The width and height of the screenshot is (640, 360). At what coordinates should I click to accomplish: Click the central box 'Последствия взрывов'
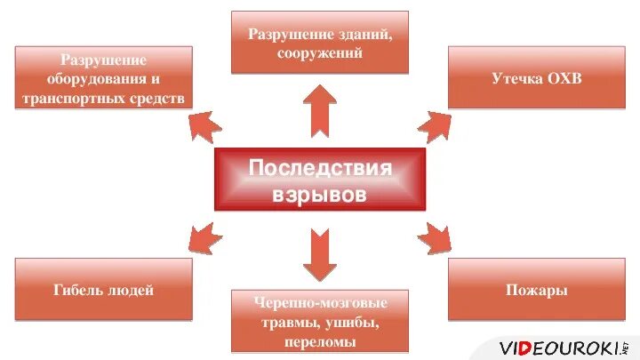(320, 180)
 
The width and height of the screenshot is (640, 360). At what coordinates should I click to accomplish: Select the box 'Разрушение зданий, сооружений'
(320, 43)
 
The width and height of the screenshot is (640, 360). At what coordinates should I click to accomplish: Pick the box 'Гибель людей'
(103, 290)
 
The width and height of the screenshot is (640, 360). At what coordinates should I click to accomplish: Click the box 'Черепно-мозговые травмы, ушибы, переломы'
(320, 321)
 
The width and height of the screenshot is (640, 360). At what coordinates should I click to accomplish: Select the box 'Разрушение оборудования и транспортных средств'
(103, 78)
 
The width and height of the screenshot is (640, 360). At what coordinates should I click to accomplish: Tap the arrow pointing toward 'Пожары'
(435, 236)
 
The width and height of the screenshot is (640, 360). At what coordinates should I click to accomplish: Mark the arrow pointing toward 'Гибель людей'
(204, 236)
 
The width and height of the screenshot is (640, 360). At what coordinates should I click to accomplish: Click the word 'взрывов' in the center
(320, 195)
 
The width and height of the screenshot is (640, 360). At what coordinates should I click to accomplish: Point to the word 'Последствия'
(320, 168)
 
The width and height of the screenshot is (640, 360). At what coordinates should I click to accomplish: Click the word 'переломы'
(320, 341)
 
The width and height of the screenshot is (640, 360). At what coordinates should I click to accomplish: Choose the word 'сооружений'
(320, 53)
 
